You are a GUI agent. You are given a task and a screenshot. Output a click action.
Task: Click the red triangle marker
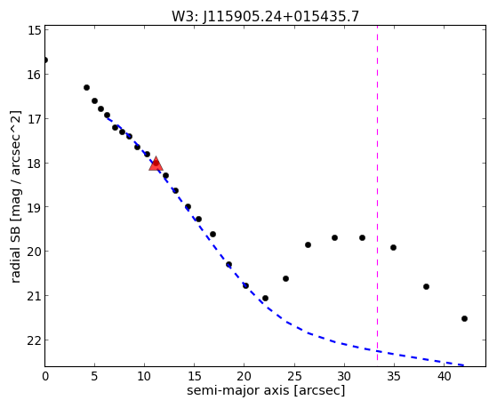point(156,164)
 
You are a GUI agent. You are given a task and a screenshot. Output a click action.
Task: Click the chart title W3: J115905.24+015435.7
point(265,17)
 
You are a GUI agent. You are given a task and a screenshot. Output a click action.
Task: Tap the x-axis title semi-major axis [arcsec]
point(266,390)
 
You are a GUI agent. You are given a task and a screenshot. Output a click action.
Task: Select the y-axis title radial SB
point(15,254)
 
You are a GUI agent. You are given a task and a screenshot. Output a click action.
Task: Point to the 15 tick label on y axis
point(35,30)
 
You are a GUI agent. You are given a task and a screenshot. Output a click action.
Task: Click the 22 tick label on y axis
point(35,340)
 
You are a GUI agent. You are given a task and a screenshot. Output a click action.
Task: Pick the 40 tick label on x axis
point(444,376)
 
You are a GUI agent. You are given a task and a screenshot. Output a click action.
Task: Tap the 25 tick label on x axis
point(294,376)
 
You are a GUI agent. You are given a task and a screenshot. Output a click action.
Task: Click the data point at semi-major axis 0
point(45,60)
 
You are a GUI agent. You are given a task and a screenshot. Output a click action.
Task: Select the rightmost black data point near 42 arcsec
point(464,318)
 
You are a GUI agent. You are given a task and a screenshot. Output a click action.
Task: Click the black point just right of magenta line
point(393,248)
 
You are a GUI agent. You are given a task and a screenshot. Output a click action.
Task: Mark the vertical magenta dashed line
point(377,193)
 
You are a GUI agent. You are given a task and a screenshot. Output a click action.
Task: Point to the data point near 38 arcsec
point(426,286)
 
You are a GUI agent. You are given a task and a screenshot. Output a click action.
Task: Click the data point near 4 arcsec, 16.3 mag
point(86,87)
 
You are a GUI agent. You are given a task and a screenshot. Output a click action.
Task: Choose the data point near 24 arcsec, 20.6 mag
point(285,278)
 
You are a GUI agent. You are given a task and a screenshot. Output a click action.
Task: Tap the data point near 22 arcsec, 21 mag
point(265,299)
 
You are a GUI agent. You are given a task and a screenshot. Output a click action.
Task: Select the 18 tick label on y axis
point(35,164)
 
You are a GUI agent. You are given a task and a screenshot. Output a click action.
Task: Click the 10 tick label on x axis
point(145,376)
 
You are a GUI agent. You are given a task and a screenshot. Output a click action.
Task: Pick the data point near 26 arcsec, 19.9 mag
point(308,244)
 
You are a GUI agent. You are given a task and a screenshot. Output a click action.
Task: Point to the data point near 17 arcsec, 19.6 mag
point(213,235)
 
